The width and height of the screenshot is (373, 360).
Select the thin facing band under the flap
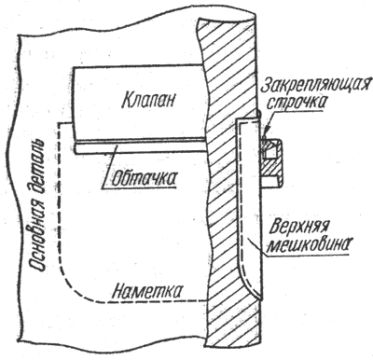click(x=140, y=145)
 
